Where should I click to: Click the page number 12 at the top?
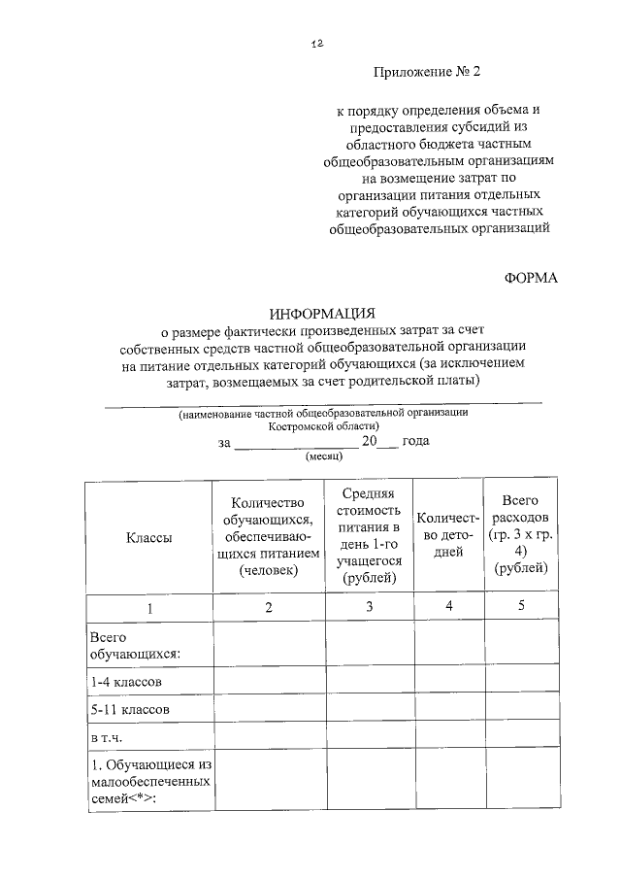[x=317, y=44]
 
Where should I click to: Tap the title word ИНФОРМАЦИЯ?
[x=322, y=313]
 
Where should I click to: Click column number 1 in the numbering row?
[x=149, y=607]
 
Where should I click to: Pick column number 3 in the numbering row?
[x=369, y=607]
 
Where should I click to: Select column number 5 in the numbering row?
[x=521, y=607]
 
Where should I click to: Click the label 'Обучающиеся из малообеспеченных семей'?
[x=149, y=781]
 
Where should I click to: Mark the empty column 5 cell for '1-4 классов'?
[x=521, y=681]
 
